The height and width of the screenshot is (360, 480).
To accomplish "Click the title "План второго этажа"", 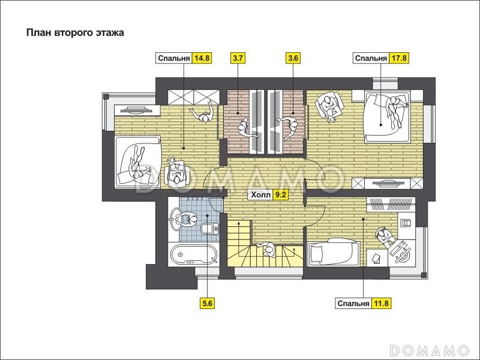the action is pyautogui.click(x=76, y=33).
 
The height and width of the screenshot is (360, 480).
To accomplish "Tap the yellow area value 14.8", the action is pyautogui.click(x=202, y=58).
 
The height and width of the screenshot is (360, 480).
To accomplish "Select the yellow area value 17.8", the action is pyautogui.click(x=399, y=58).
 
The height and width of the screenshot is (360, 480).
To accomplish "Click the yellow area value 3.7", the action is pyautogui.click(x=238, y=58).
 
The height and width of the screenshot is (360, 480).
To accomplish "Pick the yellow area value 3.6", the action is pyautogui.click(x=293, y=58).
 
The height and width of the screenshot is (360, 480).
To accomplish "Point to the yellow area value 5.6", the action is pyautogui.click(x=207, y=304).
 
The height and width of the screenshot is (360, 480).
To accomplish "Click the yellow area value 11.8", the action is pyautogui.click(x=381, y=304).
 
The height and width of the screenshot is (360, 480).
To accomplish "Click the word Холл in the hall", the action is pyautogui.click(x=261, y=194).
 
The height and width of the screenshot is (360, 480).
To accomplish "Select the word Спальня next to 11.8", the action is pyautogui.click(x=353, y=304).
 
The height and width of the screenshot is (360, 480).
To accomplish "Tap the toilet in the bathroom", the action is pyautogui.click(x=210, y=229).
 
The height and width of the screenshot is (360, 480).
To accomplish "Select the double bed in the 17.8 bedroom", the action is pyautogui.click(x=387, y=116).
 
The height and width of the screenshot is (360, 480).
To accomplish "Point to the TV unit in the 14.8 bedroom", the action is pyautogui.click(x=137, y=110).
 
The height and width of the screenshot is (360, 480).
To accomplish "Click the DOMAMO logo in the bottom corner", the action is pyautogui.click(x=429, y=350).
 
